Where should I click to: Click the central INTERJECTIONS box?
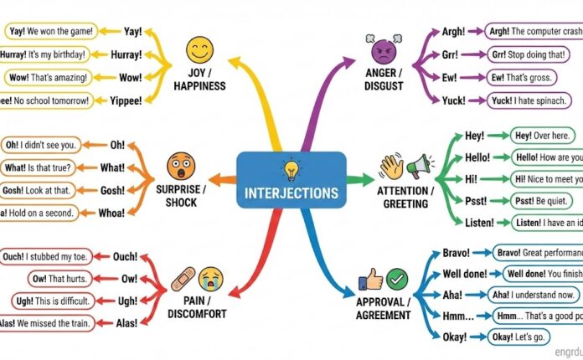(291, 181)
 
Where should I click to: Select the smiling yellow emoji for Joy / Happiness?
(200, 51)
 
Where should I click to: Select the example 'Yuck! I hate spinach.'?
(532, 100)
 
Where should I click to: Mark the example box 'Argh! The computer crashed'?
(534, 31)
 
